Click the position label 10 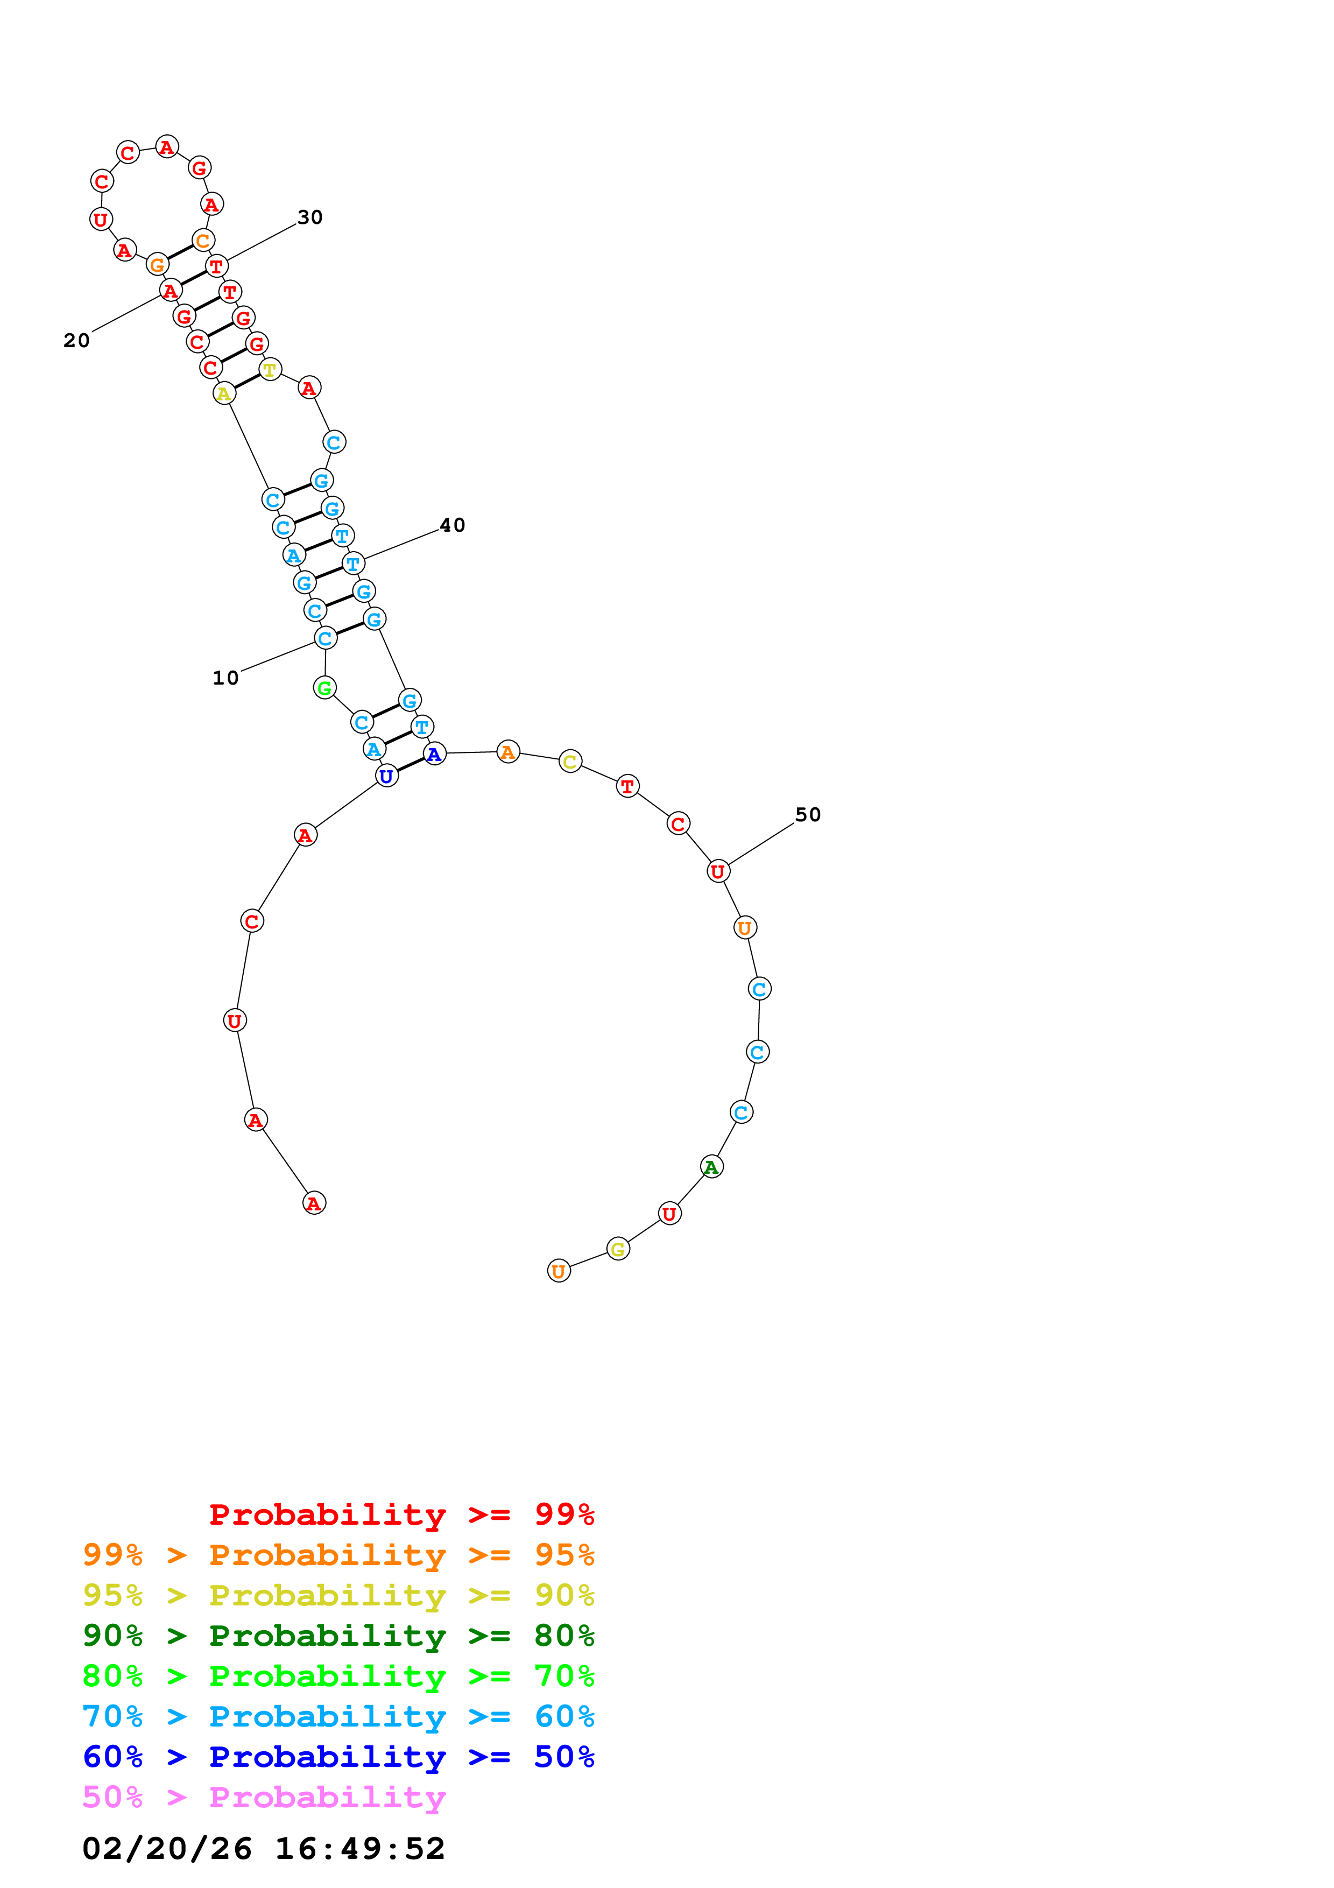pos(225,678)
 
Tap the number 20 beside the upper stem pos(76,341)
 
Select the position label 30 pos(310,217)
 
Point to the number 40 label pos(452,525)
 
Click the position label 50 pos(807,815)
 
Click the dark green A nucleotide pos(712,1167)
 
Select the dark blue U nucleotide pos(386,776)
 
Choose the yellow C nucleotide pos(570,762)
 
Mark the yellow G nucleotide pos(618,1249)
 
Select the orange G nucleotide pos(157,265)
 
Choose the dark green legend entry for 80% pos(338,1636)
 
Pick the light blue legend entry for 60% pos(338,1716)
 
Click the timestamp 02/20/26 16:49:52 pos(263,1849)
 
